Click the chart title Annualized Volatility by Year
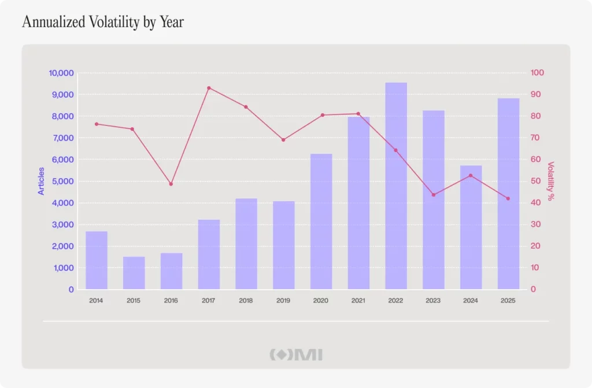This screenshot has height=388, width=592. click(103, 22)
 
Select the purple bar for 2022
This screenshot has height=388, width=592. click(396, 186)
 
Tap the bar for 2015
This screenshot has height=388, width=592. click(134, 273)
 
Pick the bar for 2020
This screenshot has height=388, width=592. click(321, 221)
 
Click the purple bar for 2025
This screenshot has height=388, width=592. click(509, 194)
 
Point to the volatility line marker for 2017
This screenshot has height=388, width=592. click(209, 88)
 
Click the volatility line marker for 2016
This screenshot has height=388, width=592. click(171, 184)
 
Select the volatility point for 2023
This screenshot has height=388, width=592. click(434, 195)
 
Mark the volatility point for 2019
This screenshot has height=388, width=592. click(283, 140)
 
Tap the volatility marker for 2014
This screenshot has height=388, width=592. click(97, 124)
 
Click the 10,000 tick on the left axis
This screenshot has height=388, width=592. click(61, 73)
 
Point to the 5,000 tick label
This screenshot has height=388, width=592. click(62, 182)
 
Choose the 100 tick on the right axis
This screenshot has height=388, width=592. click(537, 72)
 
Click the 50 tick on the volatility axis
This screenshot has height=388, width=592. click(536, 181)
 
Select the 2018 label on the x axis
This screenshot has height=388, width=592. click(246, 301)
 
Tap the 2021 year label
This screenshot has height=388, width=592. click(358, 301)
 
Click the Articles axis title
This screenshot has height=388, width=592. click(41, 181)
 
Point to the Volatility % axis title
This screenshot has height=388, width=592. click(551, 181)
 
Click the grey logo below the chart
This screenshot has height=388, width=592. click(296, 355)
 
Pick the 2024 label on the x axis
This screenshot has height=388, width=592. click(471, 301)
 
